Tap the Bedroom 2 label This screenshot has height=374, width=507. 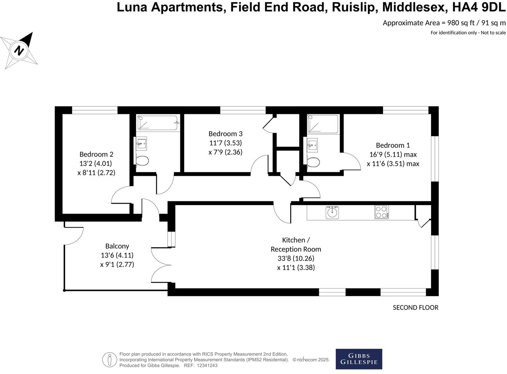click(96, 154)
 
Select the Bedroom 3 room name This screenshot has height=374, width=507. click(225, 133)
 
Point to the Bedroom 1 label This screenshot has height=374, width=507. click(393, 145)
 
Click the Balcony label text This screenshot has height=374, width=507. click(117, 246)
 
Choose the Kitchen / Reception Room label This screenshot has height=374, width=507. click(296, 244)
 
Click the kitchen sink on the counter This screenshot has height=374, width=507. click(332, 212)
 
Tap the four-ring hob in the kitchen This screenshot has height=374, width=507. click(382, 212)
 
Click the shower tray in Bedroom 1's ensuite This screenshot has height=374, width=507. click(323, 124)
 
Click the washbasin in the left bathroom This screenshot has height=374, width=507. click(141, 143)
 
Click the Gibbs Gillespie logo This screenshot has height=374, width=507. click(359, 359)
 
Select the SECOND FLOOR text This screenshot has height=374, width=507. click(415, 307)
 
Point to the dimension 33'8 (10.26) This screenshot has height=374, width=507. click(296, 258)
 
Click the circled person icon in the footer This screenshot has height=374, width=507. click(109, 360)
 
